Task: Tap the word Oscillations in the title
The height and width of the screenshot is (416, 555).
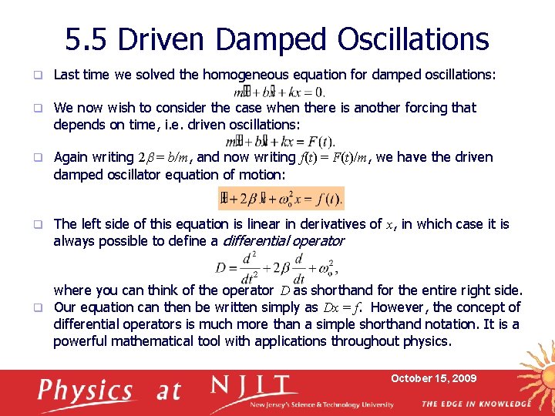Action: (416, 39)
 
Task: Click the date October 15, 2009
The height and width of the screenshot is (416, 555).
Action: (433, 378)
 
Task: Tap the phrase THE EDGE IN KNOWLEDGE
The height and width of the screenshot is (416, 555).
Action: (476, 404)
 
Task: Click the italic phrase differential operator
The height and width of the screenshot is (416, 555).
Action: (283, 241)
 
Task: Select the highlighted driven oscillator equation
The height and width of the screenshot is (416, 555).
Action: (281, 199)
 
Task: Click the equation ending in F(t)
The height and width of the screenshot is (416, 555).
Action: (280, 141)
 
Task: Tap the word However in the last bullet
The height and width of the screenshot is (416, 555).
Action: (392, 307)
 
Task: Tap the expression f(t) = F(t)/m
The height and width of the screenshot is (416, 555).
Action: (332, 158)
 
